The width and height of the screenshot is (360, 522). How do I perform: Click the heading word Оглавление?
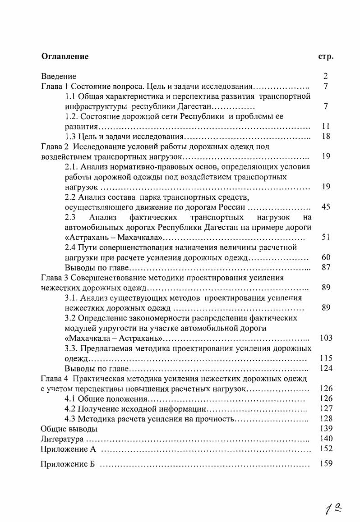point(65,56)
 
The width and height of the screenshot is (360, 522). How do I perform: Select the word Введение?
point(59,76)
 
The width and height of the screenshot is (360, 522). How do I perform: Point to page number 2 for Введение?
point(326,76)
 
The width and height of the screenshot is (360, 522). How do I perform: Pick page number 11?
point(326,126)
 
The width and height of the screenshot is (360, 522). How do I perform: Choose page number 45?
point(326,207)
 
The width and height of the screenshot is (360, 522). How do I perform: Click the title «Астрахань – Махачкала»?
point(114,237)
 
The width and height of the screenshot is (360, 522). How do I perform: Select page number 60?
point(326,257)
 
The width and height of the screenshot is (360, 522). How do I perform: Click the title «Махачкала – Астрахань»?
point(114,338)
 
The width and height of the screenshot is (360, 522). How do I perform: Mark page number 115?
point(326,358)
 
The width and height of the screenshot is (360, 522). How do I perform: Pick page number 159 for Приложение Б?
point(326,463)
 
